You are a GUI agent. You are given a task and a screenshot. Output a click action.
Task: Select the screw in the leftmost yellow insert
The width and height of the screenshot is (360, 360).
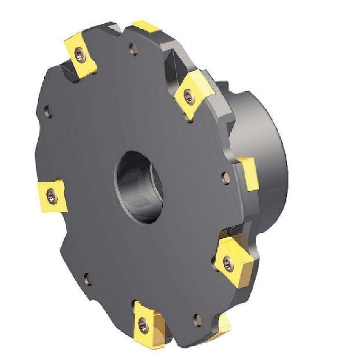tap(52, 198)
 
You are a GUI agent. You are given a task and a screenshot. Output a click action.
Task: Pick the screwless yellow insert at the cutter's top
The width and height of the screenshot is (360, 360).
tap(146, 27)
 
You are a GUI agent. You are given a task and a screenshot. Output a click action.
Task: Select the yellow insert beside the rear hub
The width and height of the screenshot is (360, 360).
tap(248, 172)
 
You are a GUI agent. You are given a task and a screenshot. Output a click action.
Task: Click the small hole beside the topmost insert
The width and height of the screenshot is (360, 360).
tap(133, 50)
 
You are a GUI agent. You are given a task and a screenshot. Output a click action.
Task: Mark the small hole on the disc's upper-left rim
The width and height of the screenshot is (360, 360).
tap(48, 111)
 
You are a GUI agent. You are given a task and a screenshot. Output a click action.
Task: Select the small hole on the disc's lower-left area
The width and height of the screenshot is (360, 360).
tap(87, 281)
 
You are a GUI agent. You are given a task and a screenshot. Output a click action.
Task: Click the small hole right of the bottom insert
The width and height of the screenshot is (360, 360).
tap(197, 319)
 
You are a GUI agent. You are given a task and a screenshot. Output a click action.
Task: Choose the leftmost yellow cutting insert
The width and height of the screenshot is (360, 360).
tap(52, 196)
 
